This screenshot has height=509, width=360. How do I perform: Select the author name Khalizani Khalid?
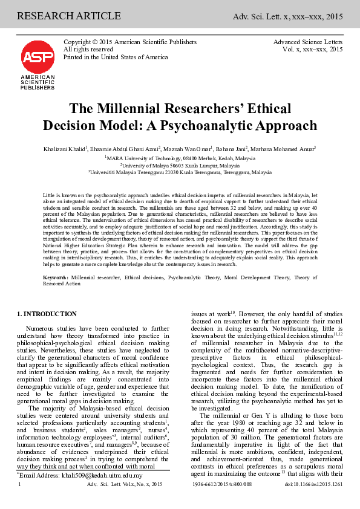tap(67, 149)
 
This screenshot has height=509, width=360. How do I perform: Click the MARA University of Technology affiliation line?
tap(180, 157)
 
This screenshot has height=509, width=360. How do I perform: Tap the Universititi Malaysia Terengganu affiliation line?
tap(180, 172)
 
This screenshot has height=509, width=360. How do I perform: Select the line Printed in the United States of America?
tap(116, 57)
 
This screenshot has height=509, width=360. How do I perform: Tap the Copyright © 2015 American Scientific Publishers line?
tap(130, 42)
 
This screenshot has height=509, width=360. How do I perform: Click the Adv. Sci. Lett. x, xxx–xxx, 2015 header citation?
tap(288, 9)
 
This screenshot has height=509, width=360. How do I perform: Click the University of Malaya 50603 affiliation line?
tap(180, 164)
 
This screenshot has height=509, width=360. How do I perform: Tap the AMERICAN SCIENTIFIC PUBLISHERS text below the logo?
tap(38, 82)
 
